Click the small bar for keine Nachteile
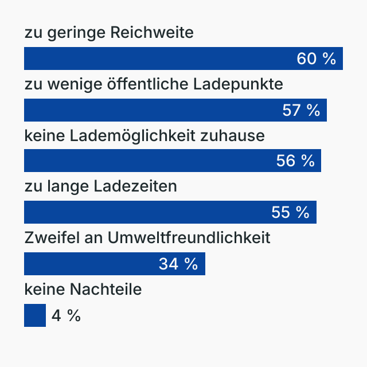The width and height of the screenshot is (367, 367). (x=34, y=315)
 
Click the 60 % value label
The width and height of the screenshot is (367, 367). (x=316, y=59)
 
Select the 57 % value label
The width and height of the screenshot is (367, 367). (x=301, y=110)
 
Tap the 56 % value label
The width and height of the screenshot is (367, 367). (x=295, y=161)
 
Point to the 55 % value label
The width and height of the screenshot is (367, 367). (x=290, y=212)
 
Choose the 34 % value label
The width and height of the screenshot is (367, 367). (x=178, y=264)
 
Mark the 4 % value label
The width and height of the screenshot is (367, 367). (x=66, y=315)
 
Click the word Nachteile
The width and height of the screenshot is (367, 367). (x=106, y=290)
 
